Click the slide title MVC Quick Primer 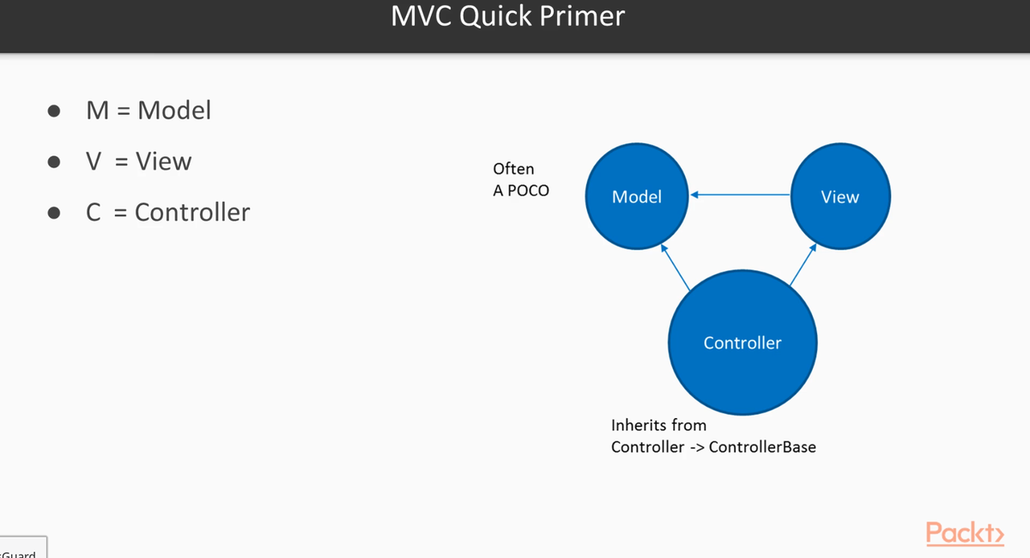(x=507, y=16)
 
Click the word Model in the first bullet (x=174, y=111)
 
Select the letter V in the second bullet (x=94, y=161)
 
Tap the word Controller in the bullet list (x=192, y=212)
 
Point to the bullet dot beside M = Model (x=54, y=111)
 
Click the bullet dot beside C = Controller (x=54, y=213)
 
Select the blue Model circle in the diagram (x=637, y=197)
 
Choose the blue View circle (x=839, y=197)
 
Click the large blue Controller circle (x=742, y=343)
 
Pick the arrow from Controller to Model (x=675, y=267)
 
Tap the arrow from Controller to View (x=802, y=264)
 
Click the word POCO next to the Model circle (x=528, y=191)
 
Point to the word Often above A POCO (x=513, y=169)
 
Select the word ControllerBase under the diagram (x=762, y=446)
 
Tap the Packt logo (x=965, y=532)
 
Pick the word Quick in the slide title (x=500, y=16)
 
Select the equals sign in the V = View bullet (x=121, y=162)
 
